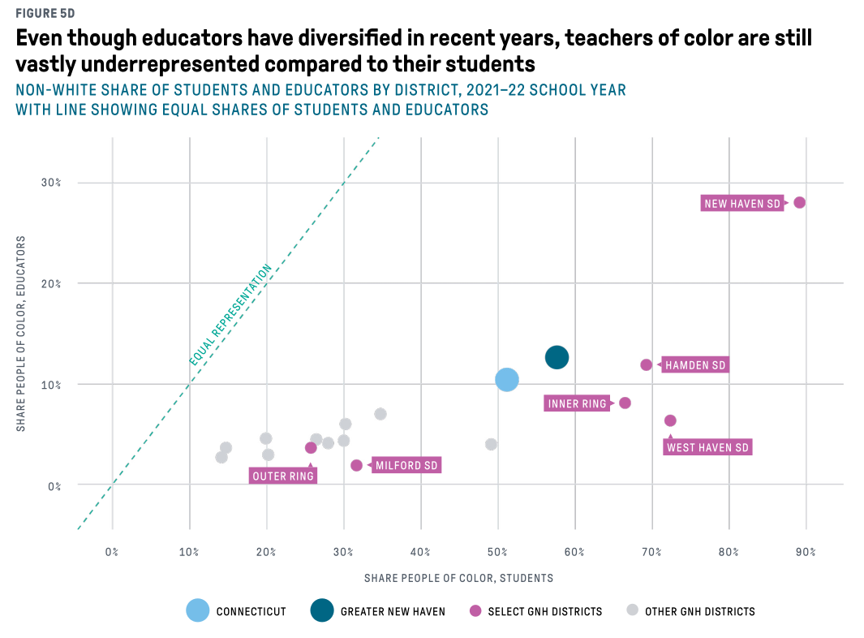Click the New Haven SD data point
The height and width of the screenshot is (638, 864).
pyautogui.click(x=800, y=203)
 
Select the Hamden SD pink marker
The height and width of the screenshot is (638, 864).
pyautogui.click(x=647, y=364)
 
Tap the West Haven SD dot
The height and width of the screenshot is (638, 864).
pyautogui.click(x=670, y=420)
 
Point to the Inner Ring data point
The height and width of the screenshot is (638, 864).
pyautogui.click(x=625, y=403)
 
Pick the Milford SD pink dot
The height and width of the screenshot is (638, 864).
pyautogui.click(x=356, y=465)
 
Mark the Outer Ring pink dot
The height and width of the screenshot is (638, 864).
pyautogui.click(x=311, y=448)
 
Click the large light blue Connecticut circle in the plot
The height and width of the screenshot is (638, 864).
pyautogui.click(x=507, y=379)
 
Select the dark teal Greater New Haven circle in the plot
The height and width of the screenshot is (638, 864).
pyautogui.click(x=557, y=357)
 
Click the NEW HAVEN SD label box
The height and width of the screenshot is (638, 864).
pyautogui.click(x=742, y=204)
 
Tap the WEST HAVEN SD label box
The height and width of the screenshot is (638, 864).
pyautogui.click(x=707, y=447)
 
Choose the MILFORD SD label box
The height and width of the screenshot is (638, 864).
pyautogui.click(x=406, y=465)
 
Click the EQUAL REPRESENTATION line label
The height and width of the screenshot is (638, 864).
pyautogui.click(x=230, y=315)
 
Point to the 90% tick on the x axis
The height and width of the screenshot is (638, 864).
pyautogui.click(x=806, y=552)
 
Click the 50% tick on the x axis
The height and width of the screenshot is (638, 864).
pyautogui.click(x=497, y=552)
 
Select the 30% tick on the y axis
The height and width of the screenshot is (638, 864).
pyautogui.click(x=50, y=183)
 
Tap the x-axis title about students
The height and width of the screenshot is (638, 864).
pyautogui.click(x=458, y=578)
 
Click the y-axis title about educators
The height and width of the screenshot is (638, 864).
pyautogui.click(x=21, y=334)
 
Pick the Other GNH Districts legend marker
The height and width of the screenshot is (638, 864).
pyautogui.click(x=633, y=610)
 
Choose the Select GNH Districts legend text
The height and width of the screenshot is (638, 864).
pyautogui.click(x=545, y=611)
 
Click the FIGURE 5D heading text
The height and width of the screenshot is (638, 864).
pyautogui.click(x=45, y=13)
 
